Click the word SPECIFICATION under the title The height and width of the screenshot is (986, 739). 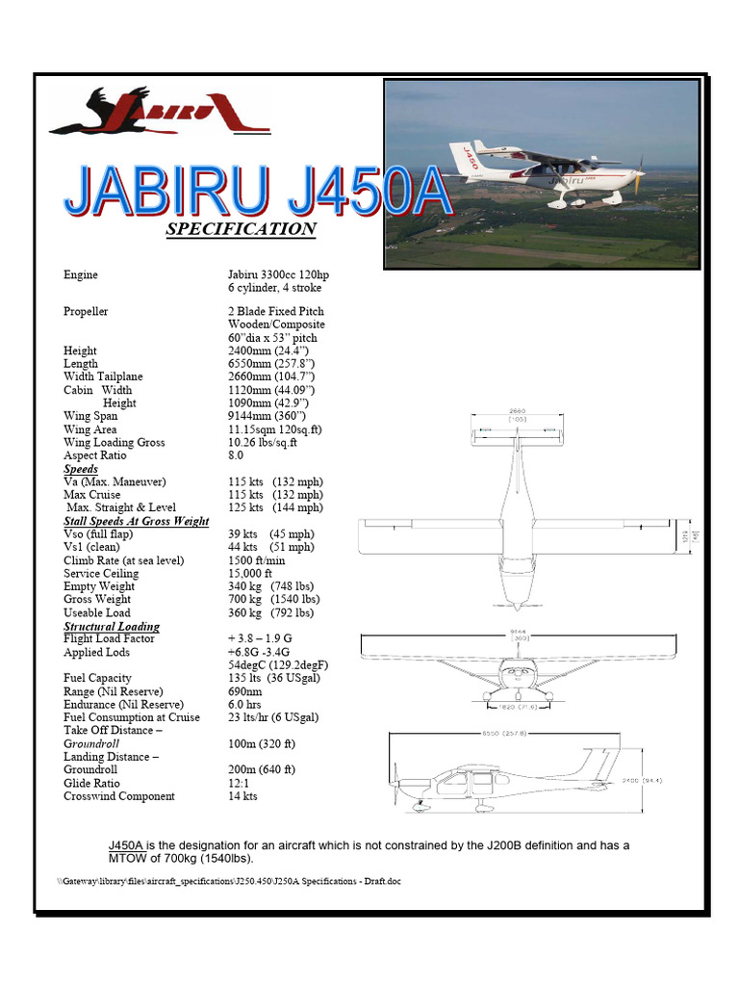click(241, 229)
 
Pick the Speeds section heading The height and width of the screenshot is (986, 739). click(81, 469)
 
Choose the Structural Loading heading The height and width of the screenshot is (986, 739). click(112, 626)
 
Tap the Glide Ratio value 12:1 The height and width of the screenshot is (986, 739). click(240, 783)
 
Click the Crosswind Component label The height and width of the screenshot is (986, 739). click(119, 796)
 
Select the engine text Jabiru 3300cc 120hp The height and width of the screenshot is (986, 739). click(278, 275)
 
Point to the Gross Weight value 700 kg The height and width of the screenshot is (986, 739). click(243, 599)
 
